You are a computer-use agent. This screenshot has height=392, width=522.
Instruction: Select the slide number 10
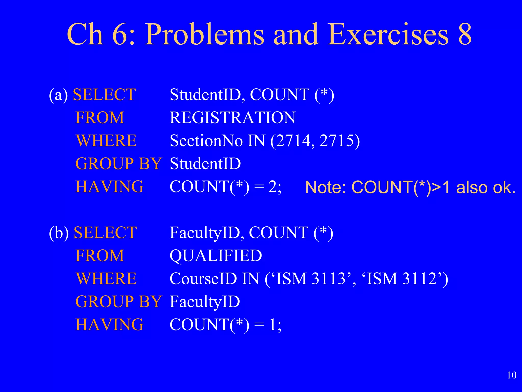pos(512,375)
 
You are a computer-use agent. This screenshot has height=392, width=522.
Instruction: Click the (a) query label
pos(58,95)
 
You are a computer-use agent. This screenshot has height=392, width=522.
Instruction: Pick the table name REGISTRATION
pos(232,118)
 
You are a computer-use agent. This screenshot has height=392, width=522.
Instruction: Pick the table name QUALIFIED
pos(216,256)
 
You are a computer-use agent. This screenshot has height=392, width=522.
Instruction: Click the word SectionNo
pos(206,141)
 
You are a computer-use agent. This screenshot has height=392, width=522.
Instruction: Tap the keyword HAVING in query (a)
pos(110,187)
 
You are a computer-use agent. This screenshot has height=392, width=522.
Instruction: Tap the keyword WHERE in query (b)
pos(106,279)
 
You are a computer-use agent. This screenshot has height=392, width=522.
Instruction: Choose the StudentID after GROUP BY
pos(205,164)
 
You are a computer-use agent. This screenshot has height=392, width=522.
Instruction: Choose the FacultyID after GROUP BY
pos(205,302)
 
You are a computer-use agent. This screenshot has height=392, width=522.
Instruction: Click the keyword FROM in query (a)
pos(100,118)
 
